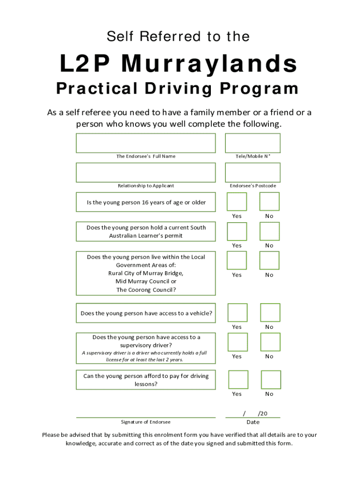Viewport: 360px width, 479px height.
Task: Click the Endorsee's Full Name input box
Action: pyautogui.click(x=146, y=143)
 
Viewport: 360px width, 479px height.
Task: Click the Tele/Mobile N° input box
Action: pyautogui.click(x=252, y=143)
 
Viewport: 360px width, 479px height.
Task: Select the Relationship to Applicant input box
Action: pyautogui.click(x=146, y=173)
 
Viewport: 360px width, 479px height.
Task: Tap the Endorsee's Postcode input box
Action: pyautogui.click(x=252, y=173)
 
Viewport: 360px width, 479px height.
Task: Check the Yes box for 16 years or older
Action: pyautogui.click(x=237, y=202)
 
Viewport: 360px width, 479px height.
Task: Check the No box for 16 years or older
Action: pyautogui.click(x=269, y=202)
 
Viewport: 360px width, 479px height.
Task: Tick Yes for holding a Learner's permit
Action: pyautogui.click(x=237, y=232)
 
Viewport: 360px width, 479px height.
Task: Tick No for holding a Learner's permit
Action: pyautogui.click(x=269, y=232)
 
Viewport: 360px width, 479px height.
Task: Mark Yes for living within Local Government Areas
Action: pyautogui.click(x=237, y=261)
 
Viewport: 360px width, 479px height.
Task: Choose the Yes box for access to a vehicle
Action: pyautogui.click(x=238, y=312)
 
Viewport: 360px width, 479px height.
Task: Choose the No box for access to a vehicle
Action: pyautogui.click(x=270, y=312)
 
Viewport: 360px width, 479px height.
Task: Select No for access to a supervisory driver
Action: pyautogui.click(x=270, y=342)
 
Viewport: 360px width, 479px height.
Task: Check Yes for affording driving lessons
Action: pyautogui.click(x=238, y=379)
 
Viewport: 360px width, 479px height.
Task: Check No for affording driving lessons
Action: pyautogui.click(x=271, y=379)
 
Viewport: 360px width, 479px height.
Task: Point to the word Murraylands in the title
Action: pyautogui.click(x=210, y=64)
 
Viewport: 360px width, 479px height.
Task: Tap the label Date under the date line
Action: pyautogui.click(x=253, y=422)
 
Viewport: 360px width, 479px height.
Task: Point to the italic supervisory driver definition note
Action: pyautogui.click(x=144, y=356)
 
